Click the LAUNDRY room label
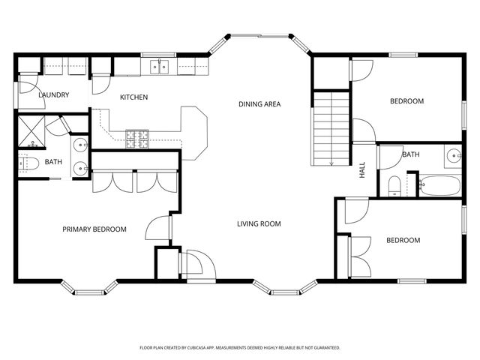[x=54, y=95]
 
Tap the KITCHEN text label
[x=134, y=97]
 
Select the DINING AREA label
[x=259, y=103]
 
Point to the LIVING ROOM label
[x=259, y=223]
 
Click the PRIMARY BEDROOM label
[x=94, y=229]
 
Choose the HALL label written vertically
[x=361, y=170]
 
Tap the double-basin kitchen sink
[x=159, y=67]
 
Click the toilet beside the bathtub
[x=395, y=184]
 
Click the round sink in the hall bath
[x=454, y=157]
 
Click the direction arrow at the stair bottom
[x=331, y=161]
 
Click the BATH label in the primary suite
[x=53, y=162]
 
